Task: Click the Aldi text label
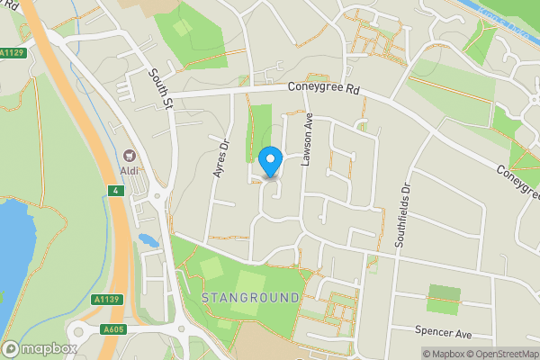[128, 172]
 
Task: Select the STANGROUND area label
[249, 297]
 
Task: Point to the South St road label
[161, 91]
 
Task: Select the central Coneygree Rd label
[324, 89]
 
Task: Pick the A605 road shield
[112, 328]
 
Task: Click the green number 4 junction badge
[115, 190]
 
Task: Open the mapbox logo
[40, 348]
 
